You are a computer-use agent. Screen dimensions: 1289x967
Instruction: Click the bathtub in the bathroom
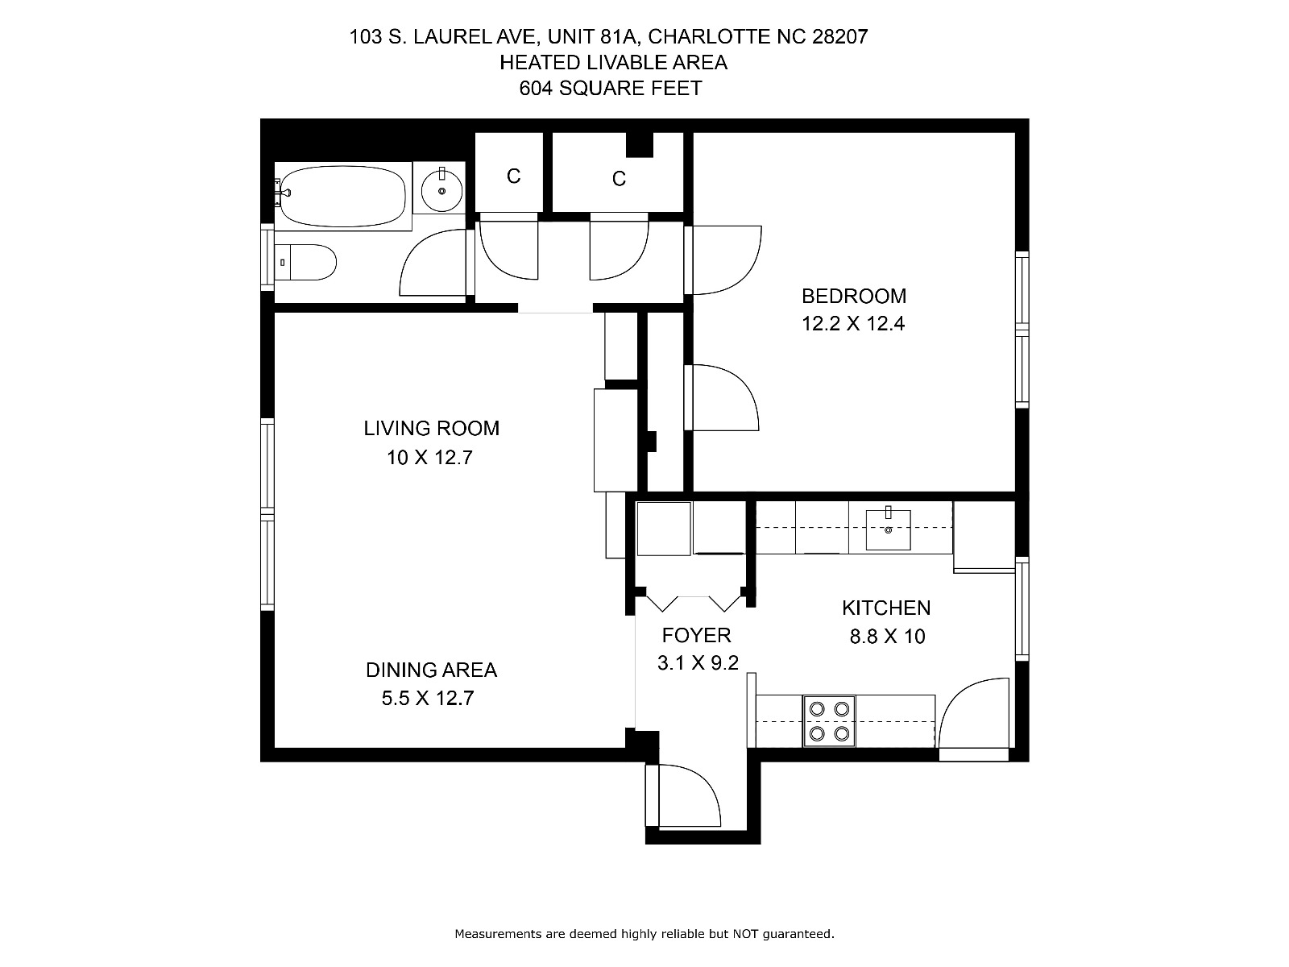click(x=343, y=196)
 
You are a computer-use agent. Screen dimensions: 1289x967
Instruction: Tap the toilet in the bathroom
click(x=305, y=262)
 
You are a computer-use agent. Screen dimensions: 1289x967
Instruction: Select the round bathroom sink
click(x=441, y=190)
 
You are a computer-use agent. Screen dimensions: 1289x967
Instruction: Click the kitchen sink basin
click(x=888, y=529)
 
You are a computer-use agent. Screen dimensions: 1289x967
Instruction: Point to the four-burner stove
click(x=829, y=721)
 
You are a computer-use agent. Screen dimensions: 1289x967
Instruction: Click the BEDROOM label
click(x=854, y=296)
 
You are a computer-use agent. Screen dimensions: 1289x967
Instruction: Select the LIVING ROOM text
click(x=432, y=428)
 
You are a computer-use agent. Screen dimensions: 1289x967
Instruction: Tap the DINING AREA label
click(x=432, y=670)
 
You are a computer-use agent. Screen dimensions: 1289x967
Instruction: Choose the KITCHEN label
click(x=886, y=608)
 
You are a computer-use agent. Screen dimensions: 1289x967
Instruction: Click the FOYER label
click(x=697, y=635)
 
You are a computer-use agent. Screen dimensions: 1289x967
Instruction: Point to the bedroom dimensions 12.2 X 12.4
click(x=853, y=323)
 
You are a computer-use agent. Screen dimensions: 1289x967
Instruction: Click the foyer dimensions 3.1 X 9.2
click(x=698, y=663)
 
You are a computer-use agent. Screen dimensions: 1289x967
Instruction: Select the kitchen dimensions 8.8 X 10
click(x=887, y=636)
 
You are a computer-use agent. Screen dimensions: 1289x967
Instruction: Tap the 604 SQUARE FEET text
click(x=611, y=88)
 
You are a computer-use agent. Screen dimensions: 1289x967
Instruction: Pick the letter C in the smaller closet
click(x=513, y=176)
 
